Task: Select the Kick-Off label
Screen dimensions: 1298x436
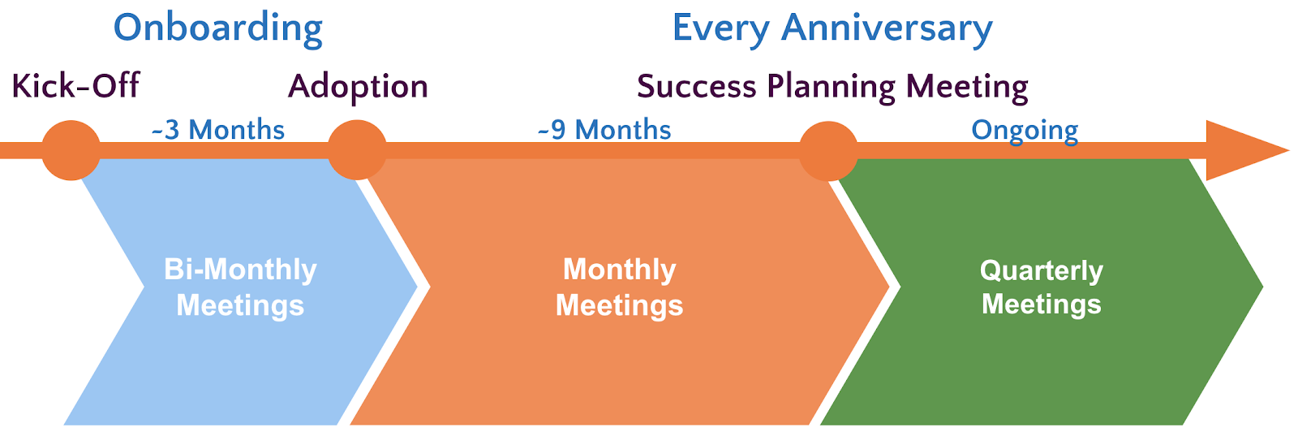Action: [75, 86]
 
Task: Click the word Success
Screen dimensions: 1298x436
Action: [697, 86]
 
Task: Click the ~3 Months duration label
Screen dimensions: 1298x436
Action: [218, 129]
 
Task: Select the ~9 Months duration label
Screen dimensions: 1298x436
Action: [604, 129]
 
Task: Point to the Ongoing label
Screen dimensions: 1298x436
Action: [1025, 131]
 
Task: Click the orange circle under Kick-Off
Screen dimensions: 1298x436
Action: [71, 150]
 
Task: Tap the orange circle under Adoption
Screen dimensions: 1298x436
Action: [357, 150]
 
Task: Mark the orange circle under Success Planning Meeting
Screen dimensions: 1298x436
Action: [828, 151]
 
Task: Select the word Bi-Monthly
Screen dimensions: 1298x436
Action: [240, 270]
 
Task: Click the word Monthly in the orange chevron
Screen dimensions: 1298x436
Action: [620, 270]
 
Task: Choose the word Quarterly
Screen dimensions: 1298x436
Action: [1042, 271]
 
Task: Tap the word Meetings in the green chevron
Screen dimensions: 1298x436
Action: [1042, 304]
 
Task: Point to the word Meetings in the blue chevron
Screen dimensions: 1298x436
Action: [240, 305]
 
